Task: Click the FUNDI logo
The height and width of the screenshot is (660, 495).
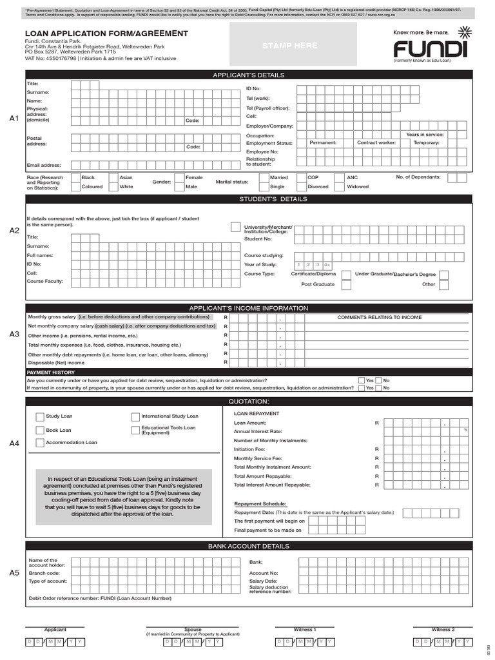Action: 427,48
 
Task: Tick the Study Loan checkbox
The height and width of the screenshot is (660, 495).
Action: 40,416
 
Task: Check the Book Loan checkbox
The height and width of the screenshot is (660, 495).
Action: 40,430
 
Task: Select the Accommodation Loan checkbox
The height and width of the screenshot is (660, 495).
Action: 40,443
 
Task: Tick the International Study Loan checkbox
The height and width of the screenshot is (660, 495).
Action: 136,416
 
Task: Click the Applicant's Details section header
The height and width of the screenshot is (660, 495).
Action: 248,75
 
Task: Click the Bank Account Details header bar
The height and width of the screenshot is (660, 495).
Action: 248,547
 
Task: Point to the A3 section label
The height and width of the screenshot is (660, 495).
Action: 14,335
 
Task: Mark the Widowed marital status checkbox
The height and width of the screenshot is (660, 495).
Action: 341,187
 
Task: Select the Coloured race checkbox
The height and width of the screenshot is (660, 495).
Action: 75,187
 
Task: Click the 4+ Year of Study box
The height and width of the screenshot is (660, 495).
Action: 327,265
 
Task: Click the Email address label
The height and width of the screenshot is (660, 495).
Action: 44,166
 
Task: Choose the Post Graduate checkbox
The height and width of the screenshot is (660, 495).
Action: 346,284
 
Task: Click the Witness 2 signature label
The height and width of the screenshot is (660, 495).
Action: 443,630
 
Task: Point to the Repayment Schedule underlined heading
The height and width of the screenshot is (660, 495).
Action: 260,504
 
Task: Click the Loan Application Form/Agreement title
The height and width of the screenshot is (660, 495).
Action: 106,34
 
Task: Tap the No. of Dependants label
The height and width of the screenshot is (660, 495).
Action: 418,177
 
